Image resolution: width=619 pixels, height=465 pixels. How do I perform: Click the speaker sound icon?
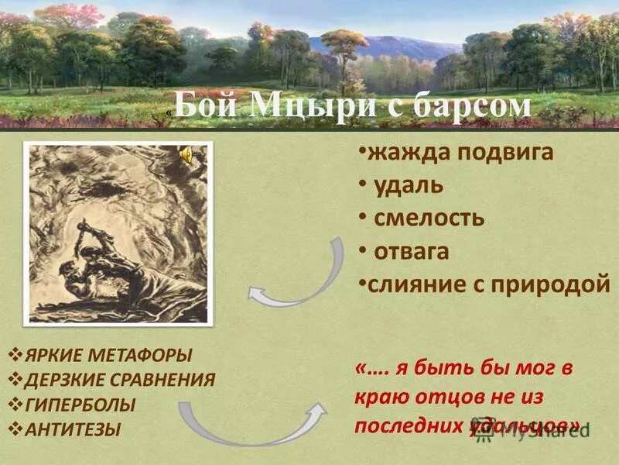click(186, 156)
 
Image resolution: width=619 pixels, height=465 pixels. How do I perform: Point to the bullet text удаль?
click(409, 185)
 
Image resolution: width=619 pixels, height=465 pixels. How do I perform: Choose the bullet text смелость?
click(429, 218)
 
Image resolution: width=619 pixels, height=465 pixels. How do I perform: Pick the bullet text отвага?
click(412, 252)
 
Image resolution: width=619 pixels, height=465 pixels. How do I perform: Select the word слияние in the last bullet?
click(412, 285)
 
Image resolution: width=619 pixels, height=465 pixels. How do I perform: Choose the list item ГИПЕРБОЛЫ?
click(80, 405)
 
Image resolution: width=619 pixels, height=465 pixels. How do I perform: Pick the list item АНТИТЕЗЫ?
click(74, 429)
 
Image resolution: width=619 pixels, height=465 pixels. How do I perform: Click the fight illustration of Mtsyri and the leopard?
click(116, 232)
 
